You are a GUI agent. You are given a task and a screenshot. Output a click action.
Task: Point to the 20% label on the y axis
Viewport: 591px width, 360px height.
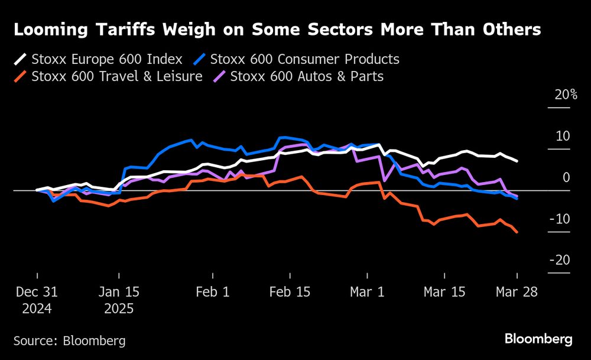pyautogui.click(x=566, y=95)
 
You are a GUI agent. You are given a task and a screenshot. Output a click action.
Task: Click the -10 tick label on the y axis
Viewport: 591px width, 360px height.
pyautogui.click(x=561, y=219)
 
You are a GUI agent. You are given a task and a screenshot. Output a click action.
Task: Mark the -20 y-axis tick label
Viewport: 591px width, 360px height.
pyautogui.click(x=561, y=261)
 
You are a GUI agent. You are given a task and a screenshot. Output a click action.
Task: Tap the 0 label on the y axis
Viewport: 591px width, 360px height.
pyautogui.click(x=566, y=178)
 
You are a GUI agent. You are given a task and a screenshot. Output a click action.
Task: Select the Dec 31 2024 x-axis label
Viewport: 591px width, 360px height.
pyautogui.click(x=36, y=300)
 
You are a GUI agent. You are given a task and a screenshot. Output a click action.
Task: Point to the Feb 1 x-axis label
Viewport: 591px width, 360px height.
pyautogui.click(x=212, y=292)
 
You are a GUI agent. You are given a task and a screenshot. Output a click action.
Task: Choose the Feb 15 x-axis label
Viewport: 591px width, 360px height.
pyautogui.click(x=290, y=292)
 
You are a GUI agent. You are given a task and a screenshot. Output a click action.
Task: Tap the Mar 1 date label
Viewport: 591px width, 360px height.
pyautogui.click(x=368, y=292)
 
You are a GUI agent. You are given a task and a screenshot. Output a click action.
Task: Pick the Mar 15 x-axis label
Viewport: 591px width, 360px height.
pyautogui.click(x=445, y=292)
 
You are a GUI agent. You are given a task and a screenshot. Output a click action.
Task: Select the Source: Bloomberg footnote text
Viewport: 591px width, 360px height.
pyautogui.click(x=70, y=341)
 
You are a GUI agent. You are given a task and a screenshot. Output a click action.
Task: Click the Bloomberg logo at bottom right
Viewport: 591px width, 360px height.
pyautogui.click(x=538, y=339)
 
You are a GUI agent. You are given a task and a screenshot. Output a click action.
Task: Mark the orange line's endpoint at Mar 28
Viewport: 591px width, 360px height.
pyautogui.click(x=518, y=232)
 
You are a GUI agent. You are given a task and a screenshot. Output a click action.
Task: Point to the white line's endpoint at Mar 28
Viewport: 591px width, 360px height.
pyautogui.click(x=518, y=161)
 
